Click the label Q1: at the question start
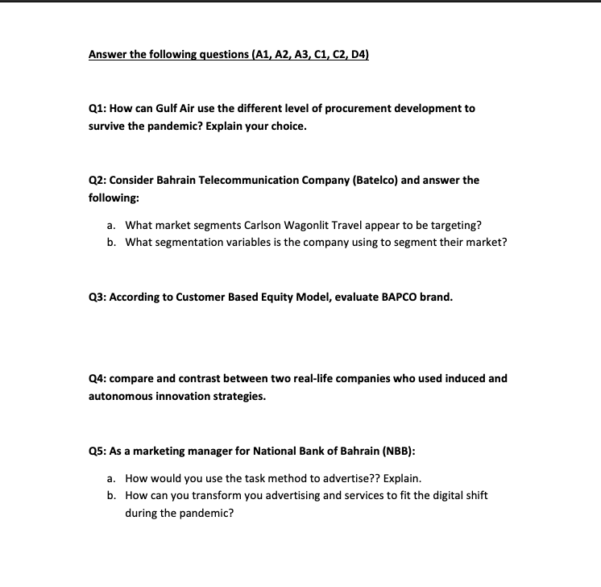pyautogui.click(x=98, y=108)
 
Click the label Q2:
pyautogui.click(x=98, y=180)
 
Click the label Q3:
pyautogui.click(x=98, y=297)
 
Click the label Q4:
pyautogui.click(x=98, y=378)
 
